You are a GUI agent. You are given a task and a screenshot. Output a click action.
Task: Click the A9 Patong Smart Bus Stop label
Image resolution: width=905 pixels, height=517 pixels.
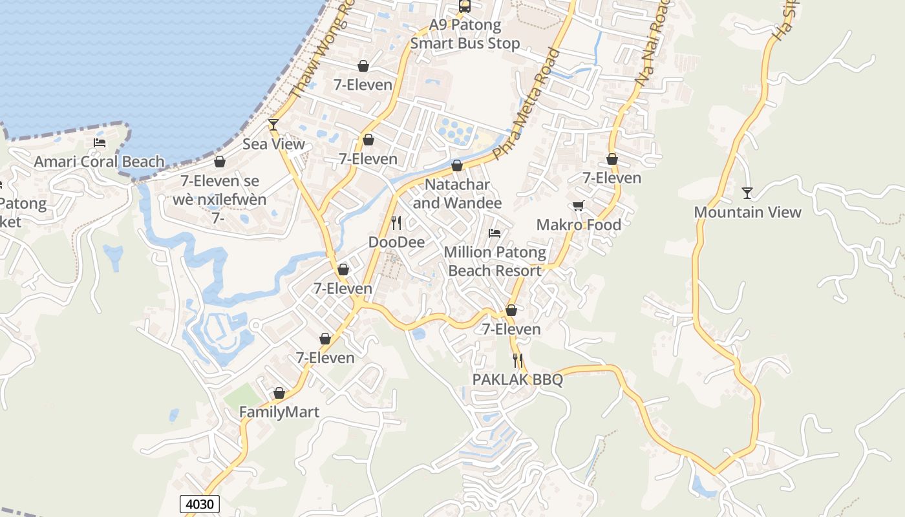tap(465, 35)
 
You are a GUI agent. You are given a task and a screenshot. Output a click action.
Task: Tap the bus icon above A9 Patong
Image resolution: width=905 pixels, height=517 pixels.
tap(465, 6)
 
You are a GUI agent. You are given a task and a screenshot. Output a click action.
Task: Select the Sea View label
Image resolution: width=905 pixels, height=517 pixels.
tap(273, 144)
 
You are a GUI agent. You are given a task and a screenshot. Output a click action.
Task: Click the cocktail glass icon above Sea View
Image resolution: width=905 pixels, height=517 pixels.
tap(273, 125)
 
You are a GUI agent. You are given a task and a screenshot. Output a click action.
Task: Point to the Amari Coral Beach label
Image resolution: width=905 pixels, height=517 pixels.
tap(99, 162)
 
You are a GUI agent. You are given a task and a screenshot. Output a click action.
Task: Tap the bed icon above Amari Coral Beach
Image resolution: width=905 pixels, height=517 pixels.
tap(100, 142)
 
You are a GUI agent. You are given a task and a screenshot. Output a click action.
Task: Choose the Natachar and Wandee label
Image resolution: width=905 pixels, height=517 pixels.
tap(457, 194)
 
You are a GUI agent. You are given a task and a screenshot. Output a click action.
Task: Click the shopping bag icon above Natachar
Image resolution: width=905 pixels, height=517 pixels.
tap(457, 166)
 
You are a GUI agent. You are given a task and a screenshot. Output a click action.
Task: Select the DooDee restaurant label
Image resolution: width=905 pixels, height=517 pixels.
tap(396, 242)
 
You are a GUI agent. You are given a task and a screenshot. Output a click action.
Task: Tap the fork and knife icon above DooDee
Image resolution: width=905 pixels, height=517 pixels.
tap(396, 223)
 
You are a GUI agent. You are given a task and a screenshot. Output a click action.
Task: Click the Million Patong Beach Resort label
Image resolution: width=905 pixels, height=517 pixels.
tap(495, 261)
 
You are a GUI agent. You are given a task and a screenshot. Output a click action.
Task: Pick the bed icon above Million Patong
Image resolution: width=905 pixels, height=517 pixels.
tap(495, 233)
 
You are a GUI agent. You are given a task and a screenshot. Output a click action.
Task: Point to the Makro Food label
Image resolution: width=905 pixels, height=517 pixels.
tap(579, 225)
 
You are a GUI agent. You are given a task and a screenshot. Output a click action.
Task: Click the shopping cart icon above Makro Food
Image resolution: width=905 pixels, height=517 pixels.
tap(579, 206)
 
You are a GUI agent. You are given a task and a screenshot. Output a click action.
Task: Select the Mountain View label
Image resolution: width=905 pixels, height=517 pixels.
tap(747, 212)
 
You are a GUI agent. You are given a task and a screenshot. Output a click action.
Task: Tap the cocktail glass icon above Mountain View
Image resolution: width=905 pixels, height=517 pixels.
tap(747, 193)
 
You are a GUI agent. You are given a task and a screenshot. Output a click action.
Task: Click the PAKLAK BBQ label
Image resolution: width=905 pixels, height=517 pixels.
tap(517, 379)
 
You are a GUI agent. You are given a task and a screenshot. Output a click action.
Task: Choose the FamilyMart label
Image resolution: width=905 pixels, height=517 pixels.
tap(279, 412)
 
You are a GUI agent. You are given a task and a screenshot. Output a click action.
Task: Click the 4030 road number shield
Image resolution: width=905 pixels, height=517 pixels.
tap(200, 504)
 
